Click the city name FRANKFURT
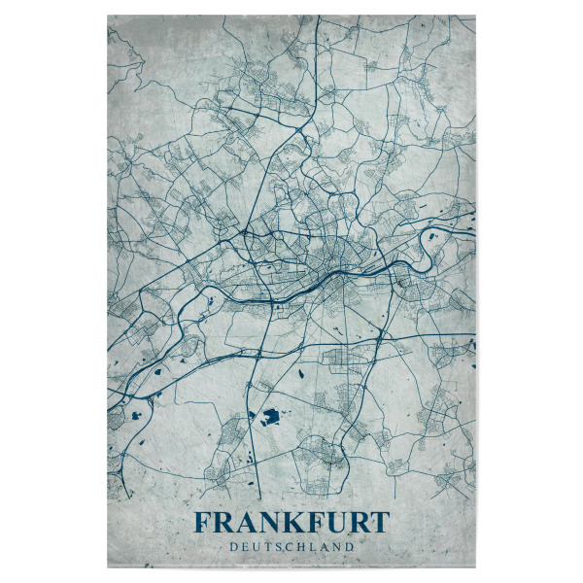(291, 524)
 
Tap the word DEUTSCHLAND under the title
(291, 547)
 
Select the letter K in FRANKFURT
(291, 524)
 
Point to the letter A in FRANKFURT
(243, 524)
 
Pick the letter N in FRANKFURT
(266, 524)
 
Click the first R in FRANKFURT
(223, 524)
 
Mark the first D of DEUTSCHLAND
(233, 547)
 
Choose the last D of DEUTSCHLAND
(350, 547)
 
